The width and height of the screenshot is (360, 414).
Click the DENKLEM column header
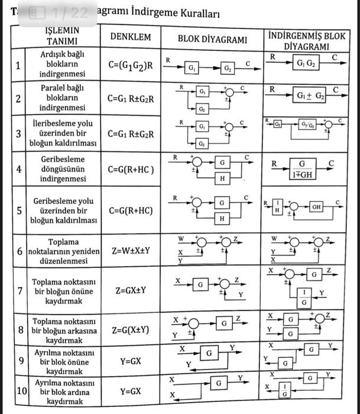[131, 37]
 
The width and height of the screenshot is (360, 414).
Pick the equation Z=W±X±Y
[131, 250]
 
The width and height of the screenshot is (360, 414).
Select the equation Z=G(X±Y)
[131, 329]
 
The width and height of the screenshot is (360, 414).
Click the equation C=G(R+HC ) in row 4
[131, 170]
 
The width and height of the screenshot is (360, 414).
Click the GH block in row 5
[317, 208]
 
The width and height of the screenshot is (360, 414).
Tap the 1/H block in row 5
[276, 207]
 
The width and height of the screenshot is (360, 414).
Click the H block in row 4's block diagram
[222, 178]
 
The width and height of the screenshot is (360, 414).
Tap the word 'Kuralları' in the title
[196, 13]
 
